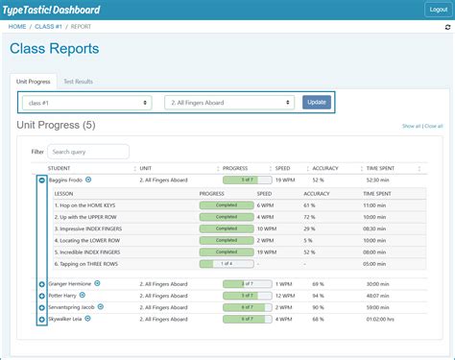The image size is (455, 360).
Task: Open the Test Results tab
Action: [x=78, y=82]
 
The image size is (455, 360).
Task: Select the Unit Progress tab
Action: [x=33, y=82]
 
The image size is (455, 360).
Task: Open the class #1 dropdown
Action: [x=87, y=102]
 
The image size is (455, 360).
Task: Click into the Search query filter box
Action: [x=88, y=152]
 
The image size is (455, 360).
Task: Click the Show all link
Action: [x=410, y=126]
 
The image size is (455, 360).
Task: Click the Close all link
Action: [x=434, y=126]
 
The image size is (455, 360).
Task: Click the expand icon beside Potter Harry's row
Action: [x=41, y=296]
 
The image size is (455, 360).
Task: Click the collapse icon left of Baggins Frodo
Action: [x=41, y=180]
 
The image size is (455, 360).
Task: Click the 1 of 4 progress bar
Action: [x=227, y=263]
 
